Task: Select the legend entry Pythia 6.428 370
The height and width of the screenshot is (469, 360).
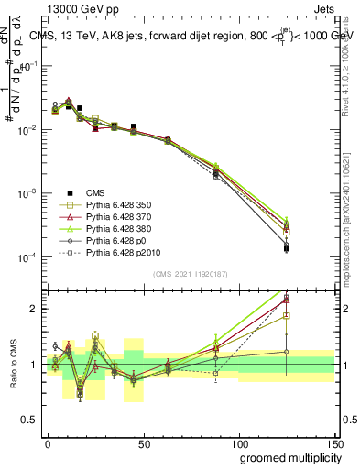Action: tap(111, 215)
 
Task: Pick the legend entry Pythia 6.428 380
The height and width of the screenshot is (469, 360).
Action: tap(111, 227)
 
